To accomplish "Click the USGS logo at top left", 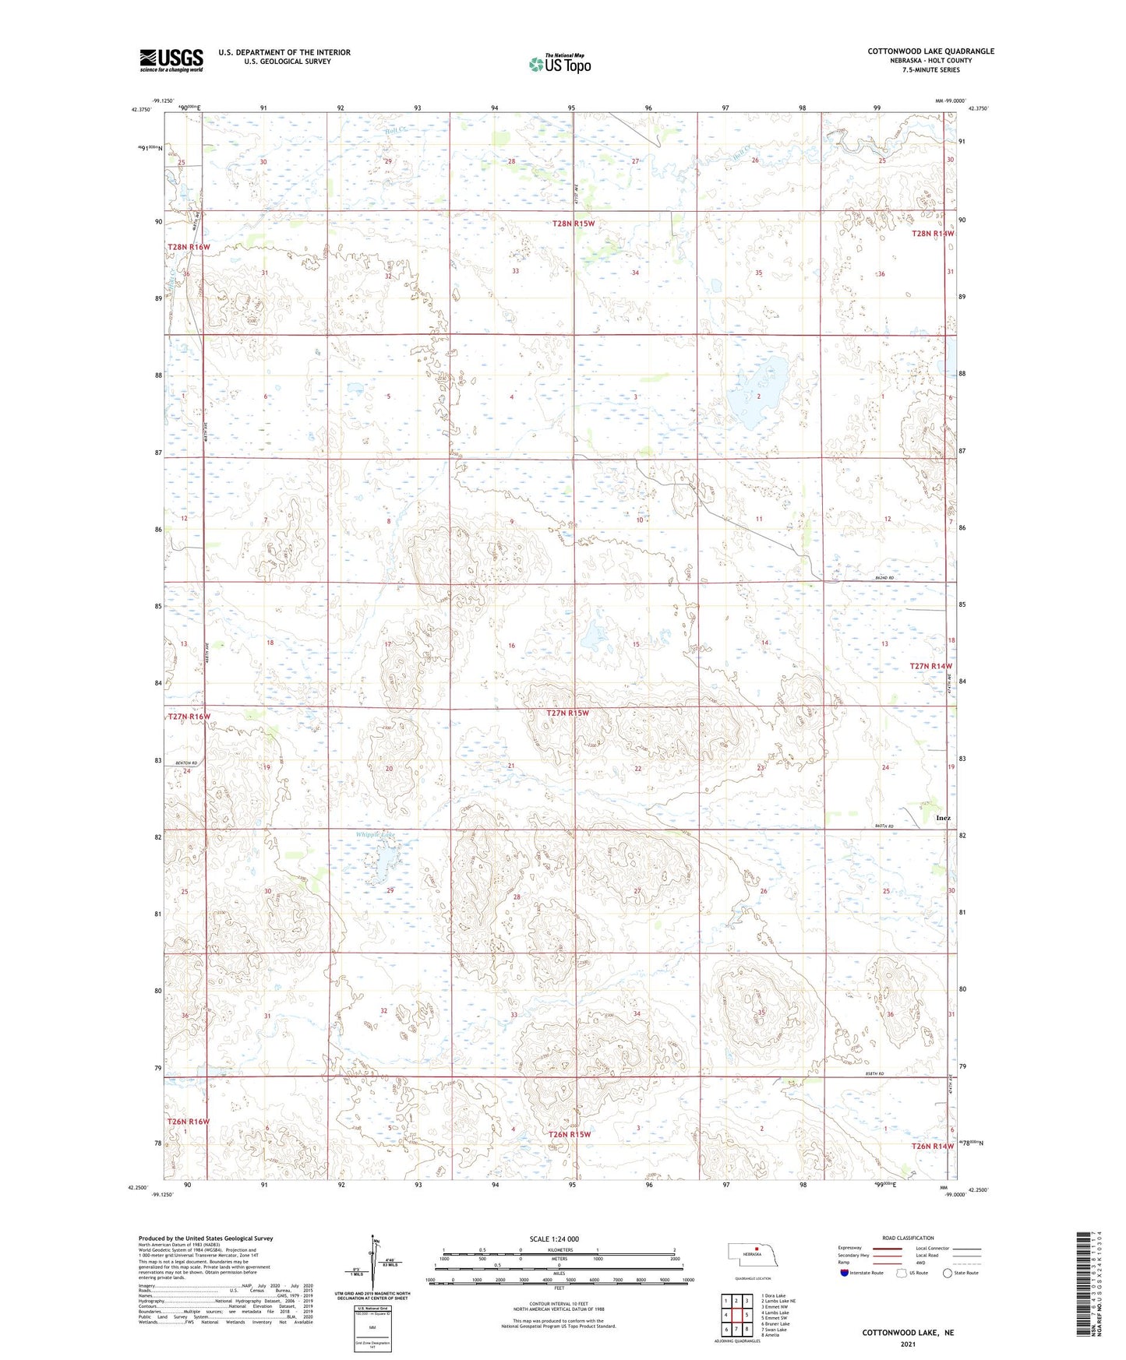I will coord(171,59).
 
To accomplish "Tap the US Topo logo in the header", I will coord(559,64).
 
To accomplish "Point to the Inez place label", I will coord(943,818).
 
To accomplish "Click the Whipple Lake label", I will coord(376,834).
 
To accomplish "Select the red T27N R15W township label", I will coord(567,713).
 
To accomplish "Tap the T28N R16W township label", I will coord(189,247).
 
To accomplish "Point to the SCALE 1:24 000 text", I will coord(554,1238).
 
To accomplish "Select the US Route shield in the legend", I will coord(902,1273).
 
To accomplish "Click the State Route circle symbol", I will coord(948,1273).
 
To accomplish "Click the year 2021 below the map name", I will coord(907,1344).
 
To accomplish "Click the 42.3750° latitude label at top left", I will coord(141,110).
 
